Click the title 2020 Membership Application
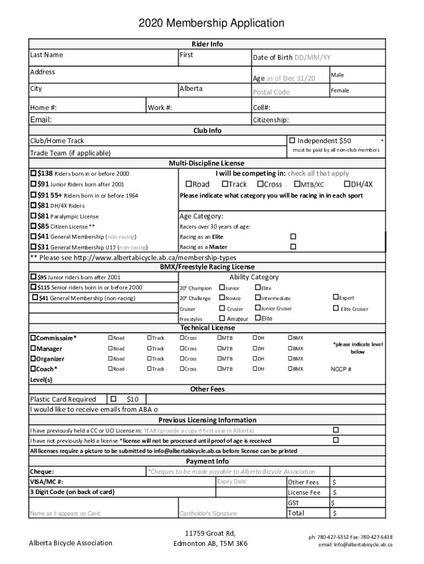211,23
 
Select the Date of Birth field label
272,58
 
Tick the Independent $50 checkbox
292,141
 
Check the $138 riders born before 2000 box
34,173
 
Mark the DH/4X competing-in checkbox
347,185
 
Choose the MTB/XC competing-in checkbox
297,185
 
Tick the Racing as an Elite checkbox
293,236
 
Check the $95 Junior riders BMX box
34,277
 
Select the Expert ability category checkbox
335,298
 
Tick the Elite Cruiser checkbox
335,308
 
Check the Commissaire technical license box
33,338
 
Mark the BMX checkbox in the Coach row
290,368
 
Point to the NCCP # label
341,369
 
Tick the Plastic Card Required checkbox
113,399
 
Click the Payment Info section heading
207,461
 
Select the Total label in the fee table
296,513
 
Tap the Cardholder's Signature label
208,514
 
